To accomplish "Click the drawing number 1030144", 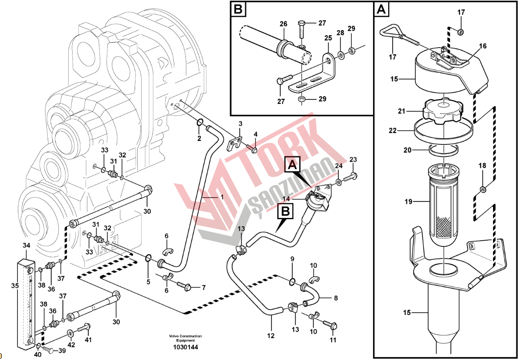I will point(185,347).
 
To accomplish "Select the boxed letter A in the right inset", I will point(382,9).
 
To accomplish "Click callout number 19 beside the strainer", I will point(409,202).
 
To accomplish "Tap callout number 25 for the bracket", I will point(328,39).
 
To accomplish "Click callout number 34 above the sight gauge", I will point(26,245).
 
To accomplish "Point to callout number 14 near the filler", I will point(285,198).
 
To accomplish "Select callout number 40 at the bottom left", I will point(37,355).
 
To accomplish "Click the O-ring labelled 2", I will point(200,123).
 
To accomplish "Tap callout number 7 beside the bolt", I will point(203,287).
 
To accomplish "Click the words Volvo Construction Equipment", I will point(185,338).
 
